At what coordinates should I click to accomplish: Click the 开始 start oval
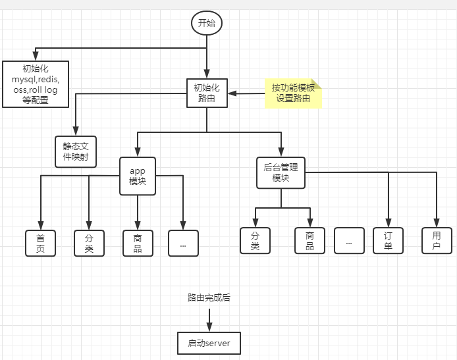pos(207,23)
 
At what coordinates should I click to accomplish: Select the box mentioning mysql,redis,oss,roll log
pos(36,84)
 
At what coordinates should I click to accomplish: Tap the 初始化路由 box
pos(207,93)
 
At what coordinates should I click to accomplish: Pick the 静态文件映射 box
pos(76,152)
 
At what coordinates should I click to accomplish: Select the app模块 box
pos(138,176)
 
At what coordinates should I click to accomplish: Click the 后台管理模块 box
pos(281,172)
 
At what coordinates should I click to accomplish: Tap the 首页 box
pos(41,242)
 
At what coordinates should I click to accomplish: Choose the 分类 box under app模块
pos(89,242)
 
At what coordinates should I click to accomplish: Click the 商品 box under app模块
pos(138,242)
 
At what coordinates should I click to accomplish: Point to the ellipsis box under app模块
pos(183,242)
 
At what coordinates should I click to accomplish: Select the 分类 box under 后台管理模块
pos(255,240)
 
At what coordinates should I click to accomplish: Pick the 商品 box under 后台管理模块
pos(309,240)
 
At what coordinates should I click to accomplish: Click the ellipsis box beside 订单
pos(349,240)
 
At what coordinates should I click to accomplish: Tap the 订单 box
pos(388,240)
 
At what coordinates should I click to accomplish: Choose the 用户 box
pos(437,240)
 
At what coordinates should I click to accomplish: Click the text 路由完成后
pos(209,297)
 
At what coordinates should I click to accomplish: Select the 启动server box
pos(209,343)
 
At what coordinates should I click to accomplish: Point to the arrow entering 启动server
pos(209,321)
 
